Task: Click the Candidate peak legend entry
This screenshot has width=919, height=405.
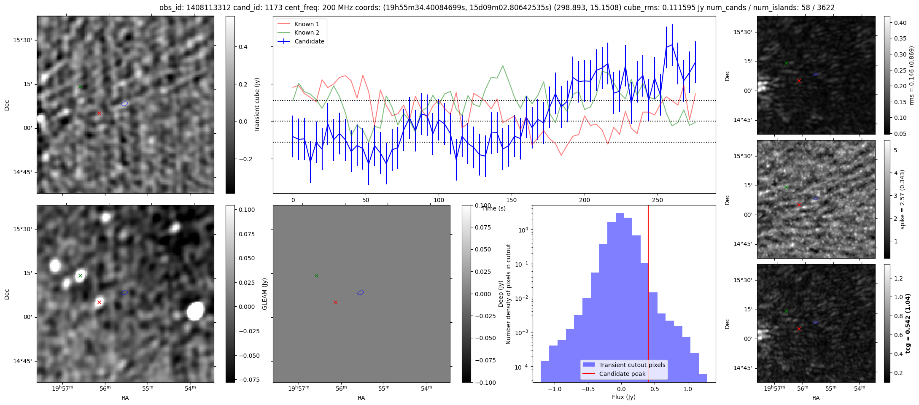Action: click(622, 374)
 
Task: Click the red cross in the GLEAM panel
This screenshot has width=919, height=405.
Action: click(335, 302)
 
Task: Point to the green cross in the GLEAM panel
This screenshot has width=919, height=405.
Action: click(316, 275)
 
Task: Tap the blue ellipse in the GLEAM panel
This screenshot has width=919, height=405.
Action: click(361, 293)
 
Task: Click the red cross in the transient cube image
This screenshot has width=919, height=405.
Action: click(99, 113)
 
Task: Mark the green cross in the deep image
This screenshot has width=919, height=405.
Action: click(80, 275)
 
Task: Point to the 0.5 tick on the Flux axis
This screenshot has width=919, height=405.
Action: click(655, 389)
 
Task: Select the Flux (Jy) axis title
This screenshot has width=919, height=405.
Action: click(624, 397)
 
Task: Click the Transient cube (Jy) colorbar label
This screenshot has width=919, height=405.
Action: click(257, 105)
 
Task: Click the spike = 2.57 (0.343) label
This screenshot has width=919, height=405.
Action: click(903, 199)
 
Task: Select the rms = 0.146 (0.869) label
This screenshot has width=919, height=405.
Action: click(911, 76)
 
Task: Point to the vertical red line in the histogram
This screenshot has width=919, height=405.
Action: click(648, 295)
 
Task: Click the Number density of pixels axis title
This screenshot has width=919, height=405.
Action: click(508, 294)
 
